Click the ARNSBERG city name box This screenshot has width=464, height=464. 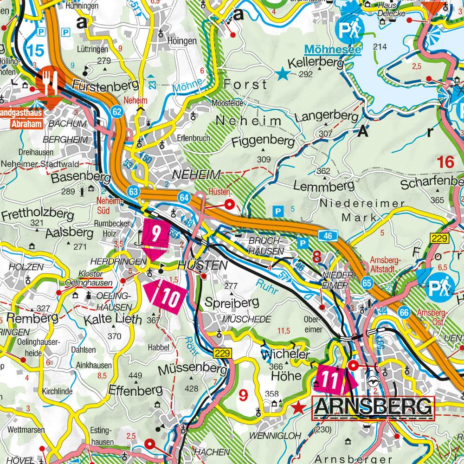tap(373, 407)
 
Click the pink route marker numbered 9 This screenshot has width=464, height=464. tap(155, 239)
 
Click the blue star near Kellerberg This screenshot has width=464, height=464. tap(281, 73)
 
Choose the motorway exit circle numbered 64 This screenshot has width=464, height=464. tap(184, 198)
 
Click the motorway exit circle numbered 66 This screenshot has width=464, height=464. tap(405, 313)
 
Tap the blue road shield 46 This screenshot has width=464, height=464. tap(328, 236)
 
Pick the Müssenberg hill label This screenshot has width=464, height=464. tap(192, 370)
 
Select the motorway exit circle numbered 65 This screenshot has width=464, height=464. tap(367, 282)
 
